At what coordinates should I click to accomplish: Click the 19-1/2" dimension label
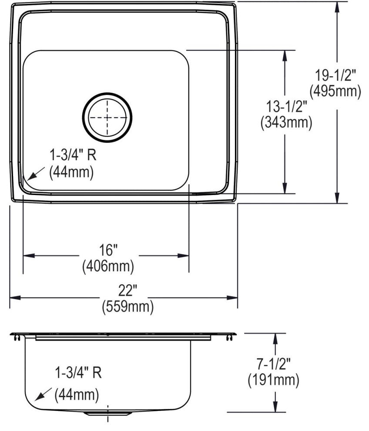coord(335,75)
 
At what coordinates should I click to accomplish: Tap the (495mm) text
coord(335,91)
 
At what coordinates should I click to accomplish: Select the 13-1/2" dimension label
coord(286,106)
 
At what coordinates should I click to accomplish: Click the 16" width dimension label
coord(108,250)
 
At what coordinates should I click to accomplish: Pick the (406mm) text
coord(108,266)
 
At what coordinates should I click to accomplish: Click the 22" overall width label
coord(128,290)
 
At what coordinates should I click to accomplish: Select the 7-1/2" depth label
coord(273,364)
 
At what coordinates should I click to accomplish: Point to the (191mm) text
coord(273,380)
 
